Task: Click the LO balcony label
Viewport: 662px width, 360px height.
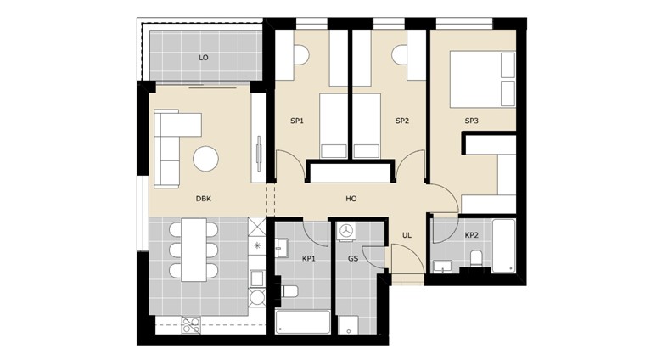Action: [204, 58]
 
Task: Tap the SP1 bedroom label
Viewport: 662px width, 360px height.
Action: [297, 121]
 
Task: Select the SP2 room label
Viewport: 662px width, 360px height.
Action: [402, 121]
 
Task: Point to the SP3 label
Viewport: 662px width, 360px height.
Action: [472, 121]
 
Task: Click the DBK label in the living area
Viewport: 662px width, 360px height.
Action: [204, 199]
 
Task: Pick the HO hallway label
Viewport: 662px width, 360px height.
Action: [351, 199]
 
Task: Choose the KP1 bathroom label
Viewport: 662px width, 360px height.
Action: [309, 258]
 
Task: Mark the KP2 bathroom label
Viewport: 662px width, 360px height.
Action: [472, 235]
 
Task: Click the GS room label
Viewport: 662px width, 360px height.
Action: [353, 258]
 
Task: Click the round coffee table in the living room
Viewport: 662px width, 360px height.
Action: [205, 158]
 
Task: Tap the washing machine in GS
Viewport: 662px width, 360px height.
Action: [346, 231]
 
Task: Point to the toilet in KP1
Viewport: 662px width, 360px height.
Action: [289, 292]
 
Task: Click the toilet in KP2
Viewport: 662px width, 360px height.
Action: [476, 260]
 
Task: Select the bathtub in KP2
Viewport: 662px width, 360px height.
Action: [503, 246]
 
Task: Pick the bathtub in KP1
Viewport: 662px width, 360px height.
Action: [303, 322]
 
